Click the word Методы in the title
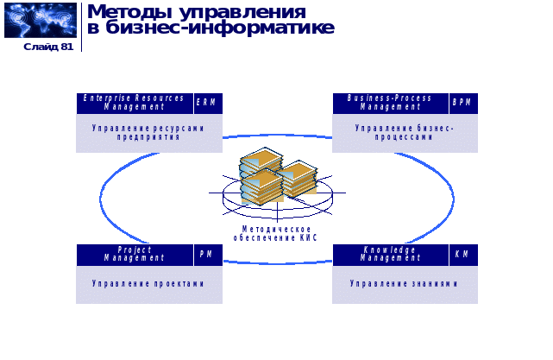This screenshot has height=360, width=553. click(x=129, y=12)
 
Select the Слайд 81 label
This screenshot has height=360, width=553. click(x=48, y=47)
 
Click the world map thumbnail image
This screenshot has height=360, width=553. click(x=41, y=20)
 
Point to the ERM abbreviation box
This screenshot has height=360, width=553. click(x=207, y=103)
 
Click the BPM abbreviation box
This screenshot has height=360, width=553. click(x=463, y=103)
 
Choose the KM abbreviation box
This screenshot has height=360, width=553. click(x=463, y=255)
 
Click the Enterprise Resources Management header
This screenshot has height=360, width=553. click(x=135, y=103)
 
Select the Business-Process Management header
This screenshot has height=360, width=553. click(x=390, y=103)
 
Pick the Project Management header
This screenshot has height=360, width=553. click(x=135, y=255)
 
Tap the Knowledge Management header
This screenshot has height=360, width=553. click(x=390, y=255)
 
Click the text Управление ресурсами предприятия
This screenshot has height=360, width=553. click(x=149, y=132)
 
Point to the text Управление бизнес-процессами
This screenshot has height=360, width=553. click(x=405, y=132)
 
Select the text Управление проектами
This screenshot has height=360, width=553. click(x=149, y=283)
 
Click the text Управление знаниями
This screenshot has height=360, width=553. click(x=405, y=283)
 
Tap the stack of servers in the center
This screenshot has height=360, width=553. click(x=277, y=177)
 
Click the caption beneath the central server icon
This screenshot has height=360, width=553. click(x=276, y=233)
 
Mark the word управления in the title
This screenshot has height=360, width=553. click(x=240, y=12)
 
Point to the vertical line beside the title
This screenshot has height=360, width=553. click(x=82, y=27)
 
